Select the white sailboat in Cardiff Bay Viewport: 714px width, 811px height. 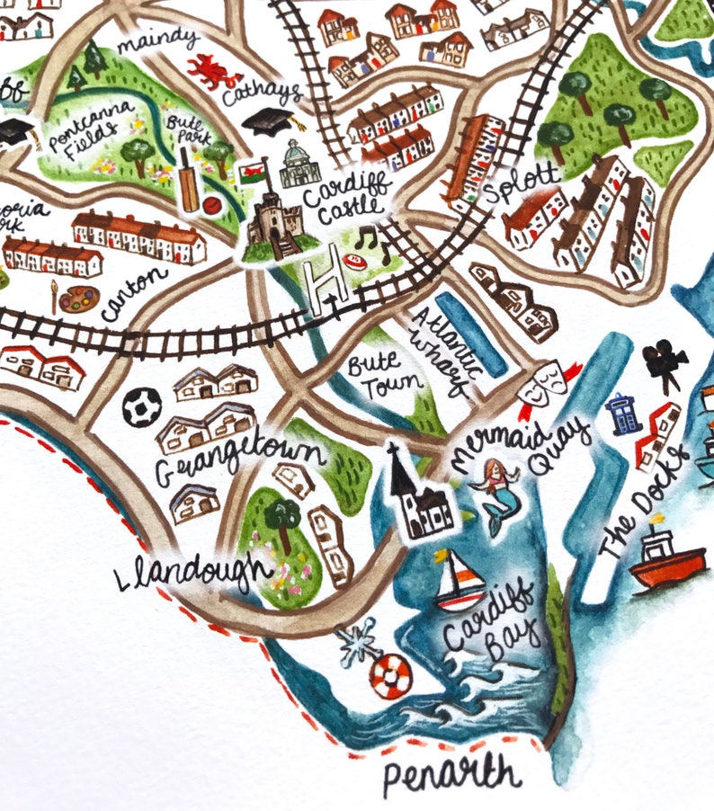457,580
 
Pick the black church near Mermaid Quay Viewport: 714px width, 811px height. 415,495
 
